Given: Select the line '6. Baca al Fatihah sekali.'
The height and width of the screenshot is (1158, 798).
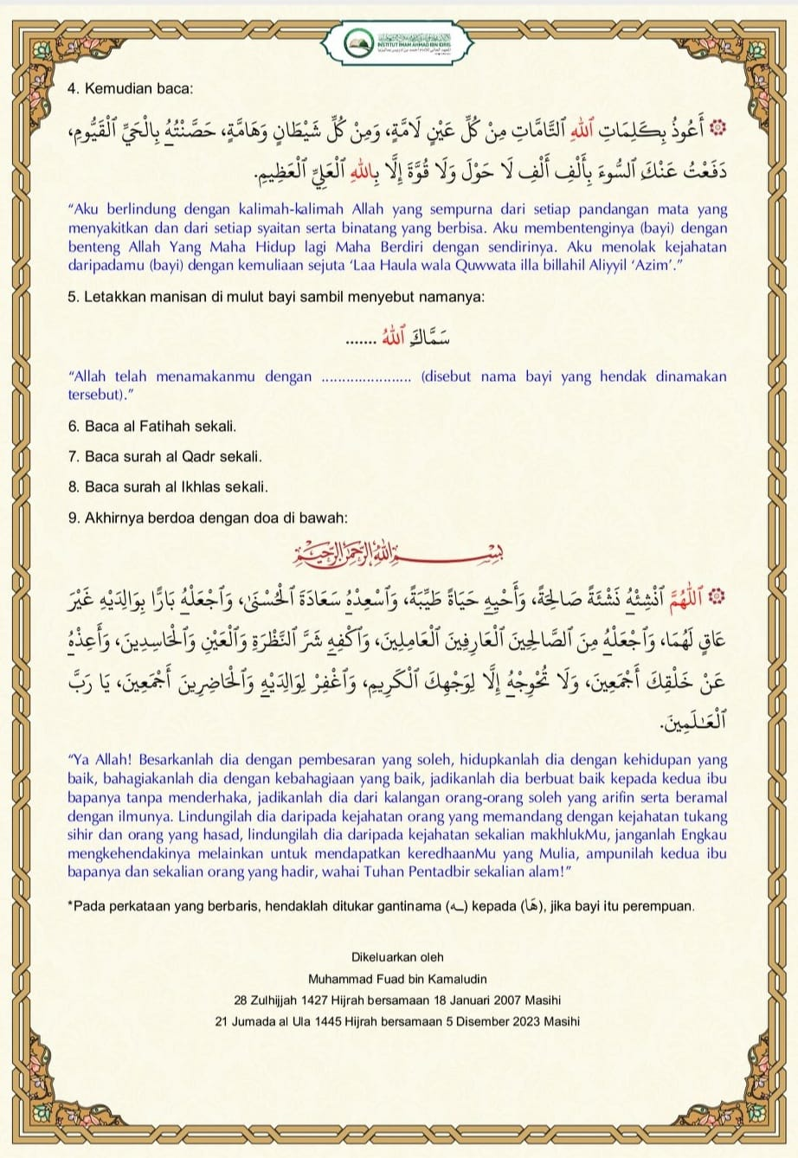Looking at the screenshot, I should (151, 427).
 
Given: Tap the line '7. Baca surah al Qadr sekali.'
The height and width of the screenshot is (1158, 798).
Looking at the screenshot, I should (164, 455).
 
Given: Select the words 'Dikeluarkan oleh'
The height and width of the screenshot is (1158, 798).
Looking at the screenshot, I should (397, 957).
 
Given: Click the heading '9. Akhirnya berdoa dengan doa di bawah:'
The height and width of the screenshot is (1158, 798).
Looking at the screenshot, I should (207, 518).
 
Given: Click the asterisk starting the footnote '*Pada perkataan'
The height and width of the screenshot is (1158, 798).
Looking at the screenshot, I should (69, 905).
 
